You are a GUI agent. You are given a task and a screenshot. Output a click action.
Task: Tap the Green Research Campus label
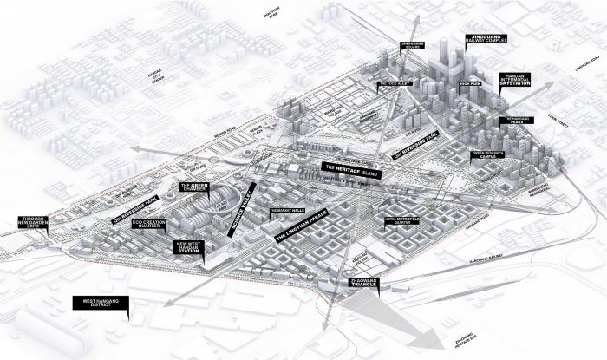(x=485, y=155)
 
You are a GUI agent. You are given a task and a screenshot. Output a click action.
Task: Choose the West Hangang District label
(x=101, y=304)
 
